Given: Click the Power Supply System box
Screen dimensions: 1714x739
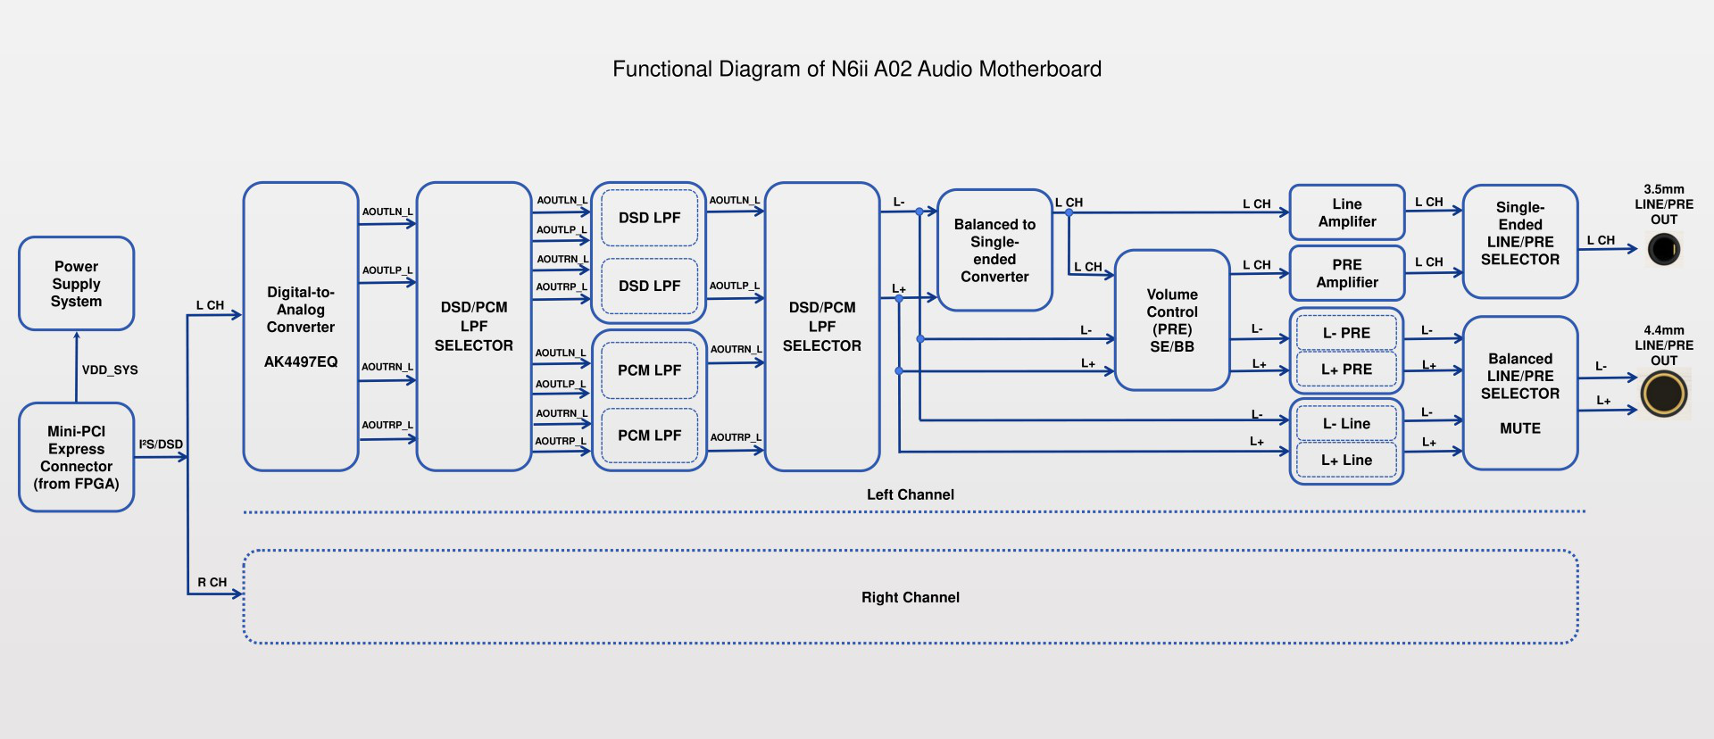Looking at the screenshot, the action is click(x=77, y=284).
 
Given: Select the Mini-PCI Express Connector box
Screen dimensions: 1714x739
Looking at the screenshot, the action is click(x=77, y=457).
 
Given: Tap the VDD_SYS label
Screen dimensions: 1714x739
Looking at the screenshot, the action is click(x=110, y=370).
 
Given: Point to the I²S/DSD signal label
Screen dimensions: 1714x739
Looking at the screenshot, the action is click(x=161, y=444).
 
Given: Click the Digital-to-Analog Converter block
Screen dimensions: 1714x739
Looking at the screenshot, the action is click(x=301, y=327).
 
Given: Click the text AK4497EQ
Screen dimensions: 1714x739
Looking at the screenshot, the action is click(x=301, y=362).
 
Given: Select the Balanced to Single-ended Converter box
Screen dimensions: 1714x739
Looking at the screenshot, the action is click(x=994, y=250).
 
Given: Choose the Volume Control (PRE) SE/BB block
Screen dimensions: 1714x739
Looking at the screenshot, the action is click(x=1172, y=320).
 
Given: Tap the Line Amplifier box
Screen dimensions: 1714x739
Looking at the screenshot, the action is click(x=1347, y=212).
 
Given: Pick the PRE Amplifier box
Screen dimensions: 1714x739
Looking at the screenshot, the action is click(x=1347, y=273).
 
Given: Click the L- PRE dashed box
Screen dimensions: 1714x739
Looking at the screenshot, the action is click(x=1346, y=333).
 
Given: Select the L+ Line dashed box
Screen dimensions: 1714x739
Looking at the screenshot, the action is click(x=1346, y=461).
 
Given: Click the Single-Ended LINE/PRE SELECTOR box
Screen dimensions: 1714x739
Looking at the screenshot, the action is click(x=1520, y=242).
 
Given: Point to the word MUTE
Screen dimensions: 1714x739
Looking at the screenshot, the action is click(x=1520, y=429).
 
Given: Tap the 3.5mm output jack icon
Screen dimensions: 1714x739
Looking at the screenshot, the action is click(x=1664, y=249).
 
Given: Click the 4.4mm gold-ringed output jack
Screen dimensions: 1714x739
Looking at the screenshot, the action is click(x=1664, y=394).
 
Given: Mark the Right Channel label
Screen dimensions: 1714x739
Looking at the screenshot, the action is click(x=911, y=598).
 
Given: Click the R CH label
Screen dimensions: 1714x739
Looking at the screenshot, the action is click(x=212, y=583).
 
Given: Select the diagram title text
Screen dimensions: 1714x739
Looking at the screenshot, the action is click(x=857, y=70).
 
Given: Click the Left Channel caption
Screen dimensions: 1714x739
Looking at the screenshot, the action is click(x=911, y=495).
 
